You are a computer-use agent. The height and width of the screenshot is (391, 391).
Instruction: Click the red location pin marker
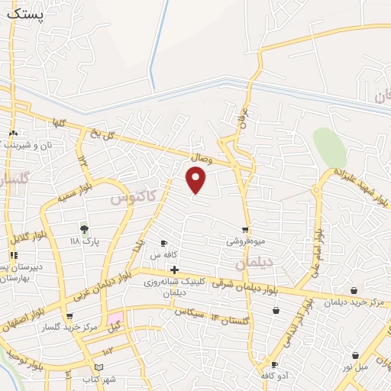196,179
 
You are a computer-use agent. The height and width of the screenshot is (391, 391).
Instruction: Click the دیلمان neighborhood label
254,263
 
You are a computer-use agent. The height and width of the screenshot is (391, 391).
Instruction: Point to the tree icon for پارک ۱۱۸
84,228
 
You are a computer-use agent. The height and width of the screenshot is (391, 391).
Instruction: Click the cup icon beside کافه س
163,243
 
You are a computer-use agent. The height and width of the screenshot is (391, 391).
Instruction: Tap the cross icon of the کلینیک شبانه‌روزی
175,270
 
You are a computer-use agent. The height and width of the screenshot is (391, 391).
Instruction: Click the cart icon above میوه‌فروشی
245,228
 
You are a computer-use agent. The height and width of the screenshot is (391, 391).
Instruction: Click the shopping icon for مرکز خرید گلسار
70,316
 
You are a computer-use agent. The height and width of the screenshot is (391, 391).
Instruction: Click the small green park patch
328,147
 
